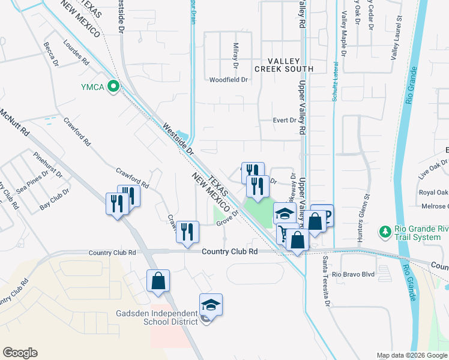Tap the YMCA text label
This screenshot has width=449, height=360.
click(93, 88)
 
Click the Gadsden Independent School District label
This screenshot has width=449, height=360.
click(157, 317)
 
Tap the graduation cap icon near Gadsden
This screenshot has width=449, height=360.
click(211, 305)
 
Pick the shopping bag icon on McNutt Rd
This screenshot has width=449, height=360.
click(158, 281)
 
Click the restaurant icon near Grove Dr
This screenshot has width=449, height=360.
click(187, 232)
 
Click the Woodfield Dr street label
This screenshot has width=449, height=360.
click(229, 79)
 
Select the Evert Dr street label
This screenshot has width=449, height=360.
click(285, 120)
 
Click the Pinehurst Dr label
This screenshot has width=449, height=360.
click(48, 166)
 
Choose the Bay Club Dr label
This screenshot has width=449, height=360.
click(55, 199)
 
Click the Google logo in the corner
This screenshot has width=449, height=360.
click(20, 353)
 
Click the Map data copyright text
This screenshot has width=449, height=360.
click(412, 355)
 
